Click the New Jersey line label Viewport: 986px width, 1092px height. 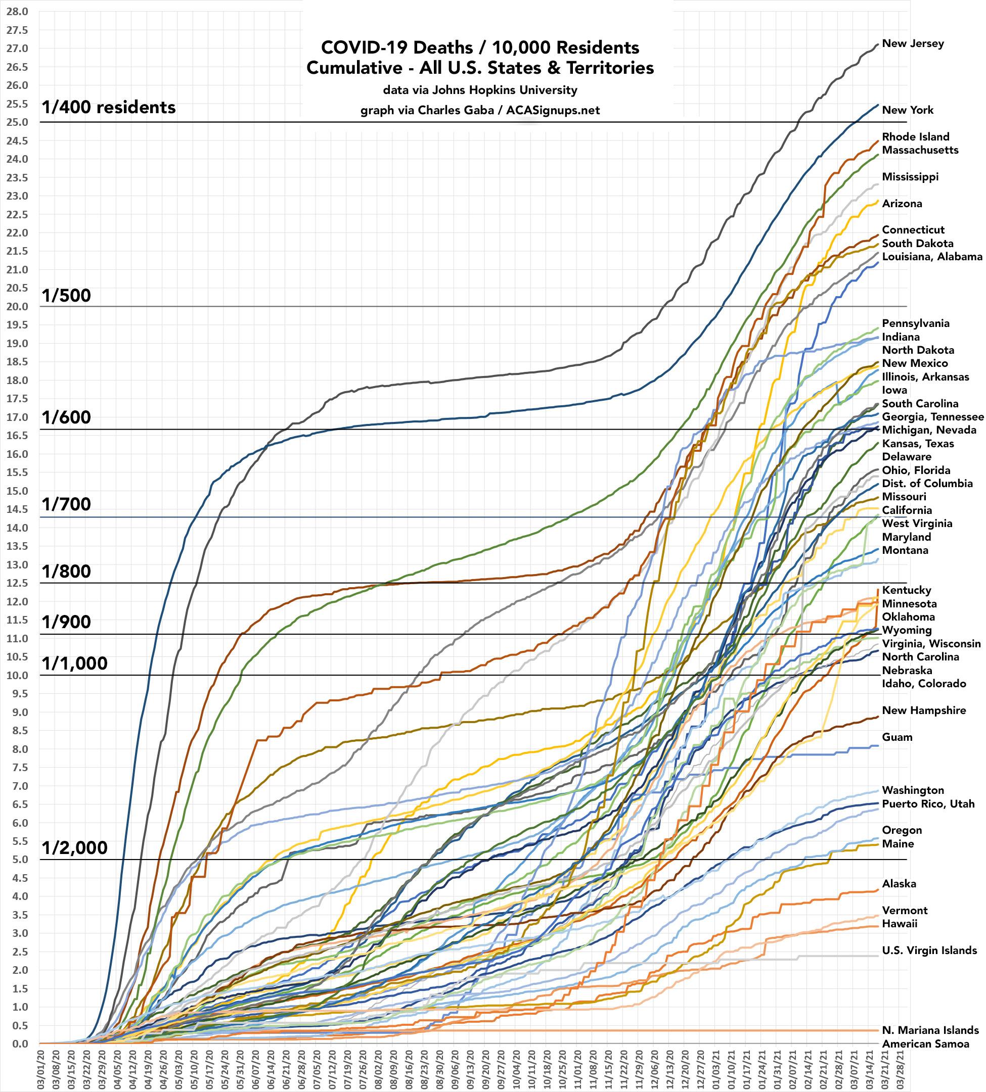point(913,44)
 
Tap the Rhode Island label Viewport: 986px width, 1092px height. point(916,137)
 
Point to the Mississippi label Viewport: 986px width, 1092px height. point(910,177)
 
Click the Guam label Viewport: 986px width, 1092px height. point(897,737)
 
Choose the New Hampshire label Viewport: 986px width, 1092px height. point(924,711)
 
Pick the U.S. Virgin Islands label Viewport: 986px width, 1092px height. point(929,951)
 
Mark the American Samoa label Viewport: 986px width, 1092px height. point(925,1044)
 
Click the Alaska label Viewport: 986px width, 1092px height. point(899,884)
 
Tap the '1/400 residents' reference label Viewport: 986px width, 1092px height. point(108,108)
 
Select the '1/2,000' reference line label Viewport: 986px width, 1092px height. point(74,848)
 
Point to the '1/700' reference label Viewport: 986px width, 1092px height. point(66,505)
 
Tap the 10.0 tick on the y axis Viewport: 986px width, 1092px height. point(18,676)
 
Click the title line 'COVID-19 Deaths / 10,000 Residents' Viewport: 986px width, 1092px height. point(480,48)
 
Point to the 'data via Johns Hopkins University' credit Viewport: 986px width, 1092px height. point(480,90)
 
